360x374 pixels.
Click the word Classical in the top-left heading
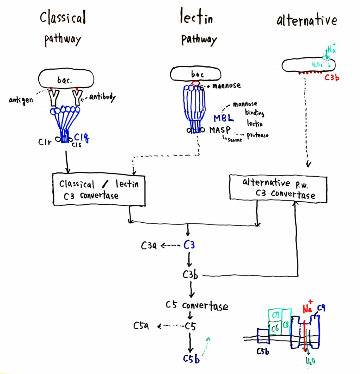point(63,18)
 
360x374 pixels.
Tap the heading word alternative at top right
point(307,21)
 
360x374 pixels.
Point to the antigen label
point(21,100)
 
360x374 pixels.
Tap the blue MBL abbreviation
point(224,119)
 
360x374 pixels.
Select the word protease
point(257,135)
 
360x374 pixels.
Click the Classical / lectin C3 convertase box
point(98,189)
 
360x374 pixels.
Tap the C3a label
point(149,246)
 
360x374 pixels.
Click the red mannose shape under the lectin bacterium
point(195,84)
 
